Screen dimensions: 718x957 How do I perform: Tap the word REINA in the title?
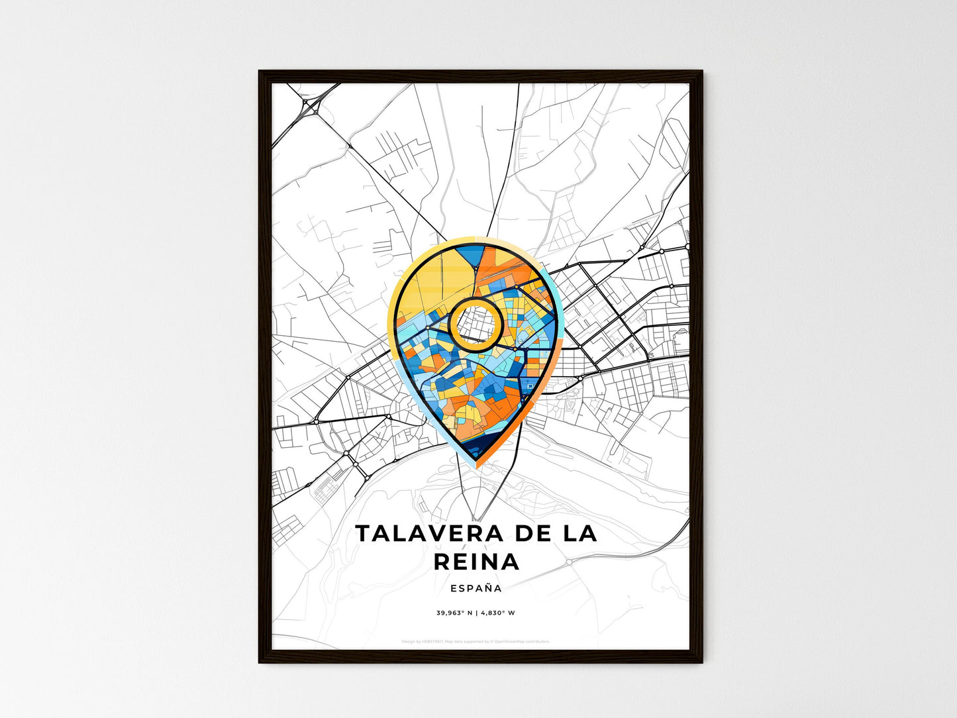[477, 562]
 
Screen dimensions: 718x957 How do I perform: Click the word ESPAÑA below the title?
[476, 588]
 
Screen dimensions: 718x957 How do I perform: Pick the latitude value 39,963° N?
[454, 613]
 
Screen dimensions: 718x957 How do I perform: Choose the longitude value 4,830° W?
[497, 613]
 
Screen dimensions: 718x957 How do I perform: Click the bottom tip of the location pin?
[477, 466]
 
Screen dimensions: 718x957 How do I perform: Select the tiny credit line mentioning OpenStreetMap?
[476, 641]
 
